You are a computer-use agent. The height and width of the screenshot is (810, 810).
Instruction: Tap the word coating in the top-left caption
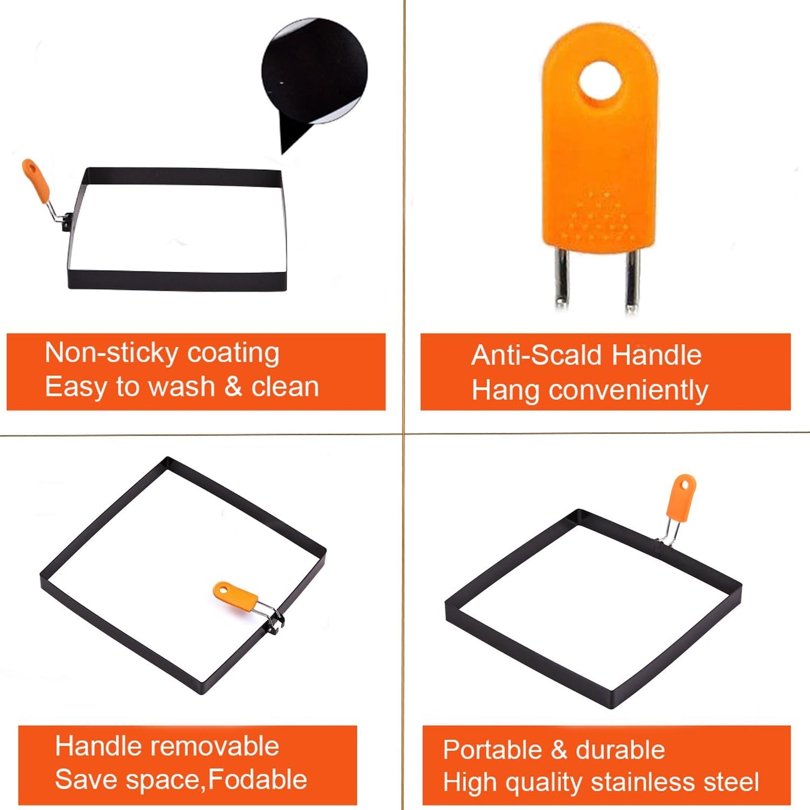[x=233, y=353]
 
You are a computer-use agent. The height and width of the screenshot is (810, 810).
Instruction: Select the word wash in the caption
[x=182, y=387]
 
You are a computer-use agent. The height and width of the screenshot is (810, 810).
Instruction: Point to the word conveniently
[x=628, y=391]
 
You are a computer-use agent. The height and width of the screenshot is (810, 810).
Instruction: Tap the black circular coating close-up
[x=314, y=71]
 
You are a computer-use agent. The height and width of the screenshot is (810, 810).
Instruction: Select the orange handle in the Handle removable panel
[x=235, y=596]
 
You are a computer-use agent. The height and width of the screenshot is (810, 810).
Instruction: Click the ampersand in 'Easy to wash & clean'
[x=233, y=387]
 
